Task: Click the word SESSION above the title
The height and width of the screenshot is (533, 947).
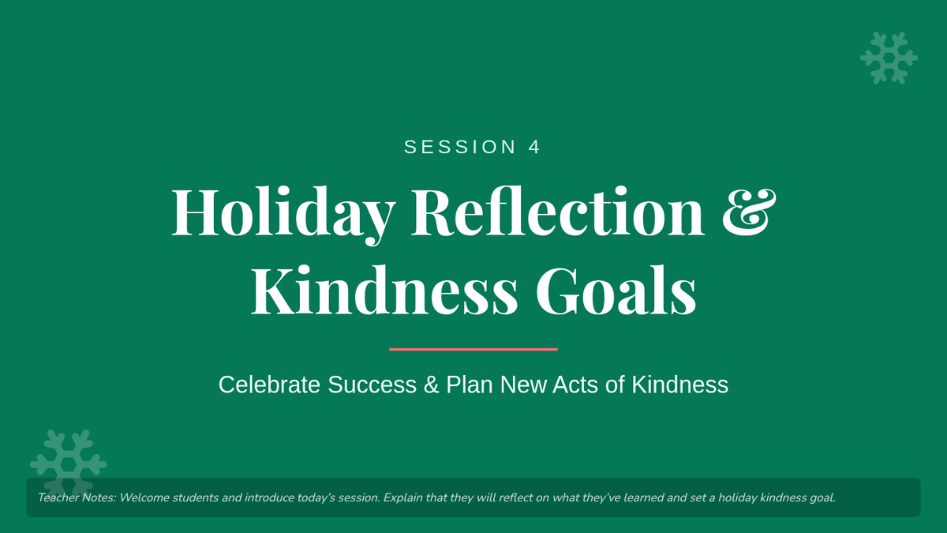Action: tap(460, 147)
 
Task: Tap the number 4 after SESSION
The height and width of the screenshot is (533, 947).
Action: tap(534, 147)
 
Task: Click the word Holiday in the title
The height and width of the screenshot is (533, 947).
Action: tap(283, 215)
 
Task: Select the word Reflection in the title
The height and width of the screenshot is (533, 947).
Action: tap(558, 211)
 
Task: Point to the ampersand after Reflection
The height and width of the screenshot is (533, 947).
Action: tap(749, 212)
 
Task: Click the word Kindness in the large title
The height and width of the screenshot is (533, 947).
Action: tap(384, 291)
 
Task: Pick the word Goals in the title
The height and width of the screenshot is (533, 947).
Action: tap(616, 291)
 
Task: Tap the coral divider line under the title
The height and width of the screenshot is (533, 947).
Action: tap(473, 349)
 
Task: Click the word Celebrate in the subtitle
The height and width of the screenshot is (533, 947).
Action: tap(269, 385)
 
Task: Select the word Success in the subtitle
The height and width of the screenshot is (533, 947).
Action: tap(372, 385)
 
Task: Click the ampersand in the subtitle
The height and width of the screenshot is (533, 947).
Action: tap(431, 385)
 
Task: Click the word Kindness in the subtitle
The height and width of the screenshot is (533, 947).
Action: tap(679, 385)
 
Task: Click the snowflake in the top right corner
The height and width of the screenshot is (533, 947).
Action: tap(889, 58)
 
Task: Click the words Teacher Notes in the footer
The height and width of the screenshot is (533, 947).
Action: tap(77, 497)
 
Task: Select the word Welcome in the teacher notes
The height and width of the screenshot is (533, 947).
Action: tap(144, 497)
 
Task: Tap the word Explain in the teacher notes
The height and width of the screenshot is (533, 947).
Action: tap(403, 498)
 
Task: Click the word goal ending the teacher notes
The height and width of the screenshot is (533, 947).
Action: tap(822, 498)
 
